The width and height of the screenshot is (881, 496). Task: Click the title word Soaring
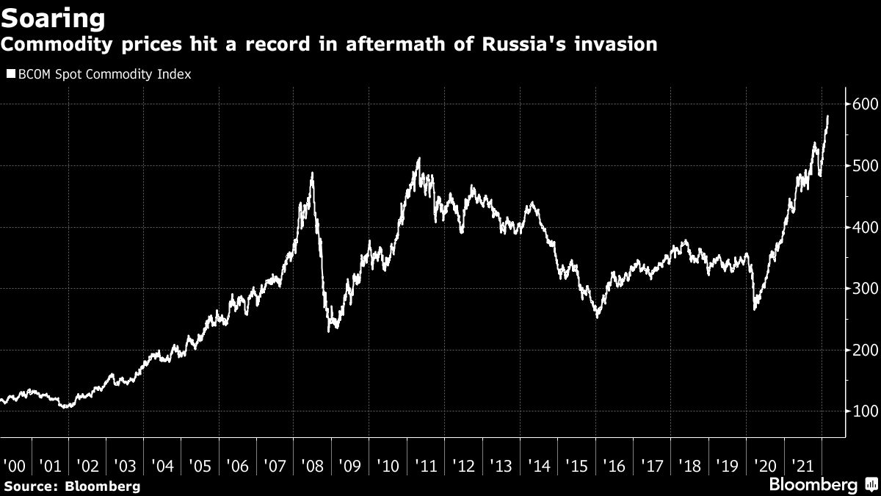(53, 18)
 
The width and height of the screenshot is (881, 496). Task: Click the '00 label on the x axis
(13, 465)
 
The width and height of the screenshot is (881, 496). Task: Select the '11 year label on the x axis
(425, 465)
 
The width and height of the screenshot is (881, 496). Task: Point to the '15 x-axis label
(575, 465)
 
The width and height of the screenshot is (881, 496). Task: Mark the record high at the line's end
(828, 116)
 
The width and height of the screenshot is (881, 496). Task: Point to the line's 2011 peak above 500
(418, 158)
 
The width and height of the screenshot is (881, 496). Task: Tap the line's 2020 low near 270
(755, 309)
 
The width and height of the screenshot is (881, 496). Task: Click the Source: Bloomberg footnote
(71, 486)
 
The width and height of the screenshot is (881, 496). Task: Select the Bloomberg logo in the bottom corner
(822, 484)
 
